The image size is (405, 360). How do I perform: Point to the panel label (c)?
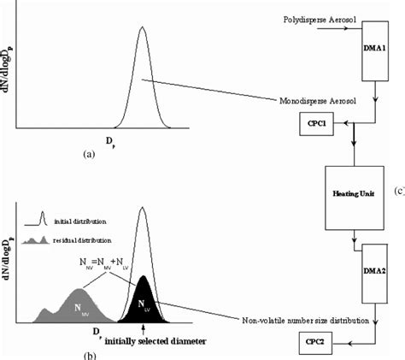398,192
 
